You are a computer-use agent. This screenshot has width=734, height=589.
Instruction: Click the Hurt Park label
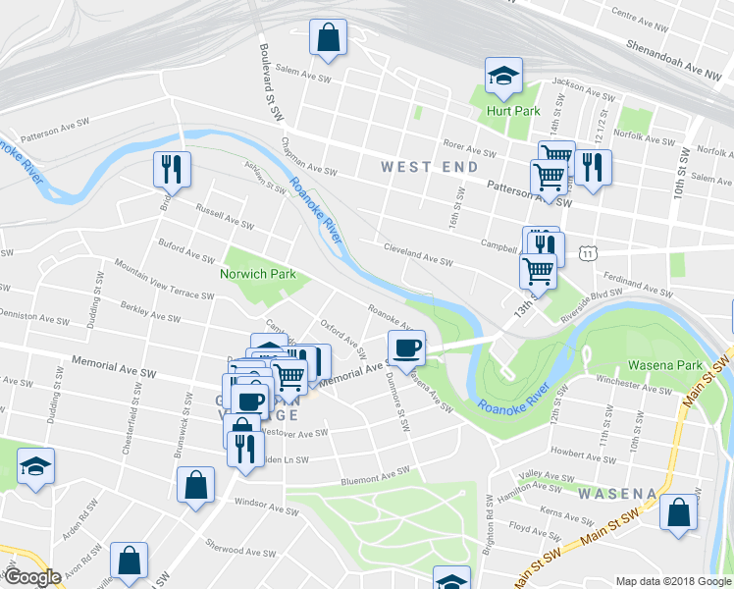[x=513, y=111]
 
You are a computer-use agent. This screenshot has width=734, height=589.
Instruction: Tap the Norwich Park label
[x=258, y=275]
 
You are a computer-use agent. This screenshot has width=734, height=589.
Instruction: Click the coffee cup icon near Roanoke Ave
[x=406, y=348]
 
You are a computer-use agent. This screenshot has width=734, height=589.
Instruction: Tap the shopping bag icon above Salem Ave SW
[x=328, y=39]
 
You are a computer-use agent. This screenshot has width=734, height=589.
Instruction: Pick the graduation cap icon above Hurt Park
[x=503, y=76]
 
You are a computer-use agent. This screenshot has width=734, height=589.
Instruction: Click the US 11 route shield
[x=587, y=253]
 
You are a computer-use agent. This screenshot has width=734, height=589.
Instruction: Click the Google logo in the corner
[x=32, y=577]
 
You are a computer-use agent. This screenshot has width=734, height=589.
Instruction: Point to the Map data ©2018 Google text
[x=672, y=581]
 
